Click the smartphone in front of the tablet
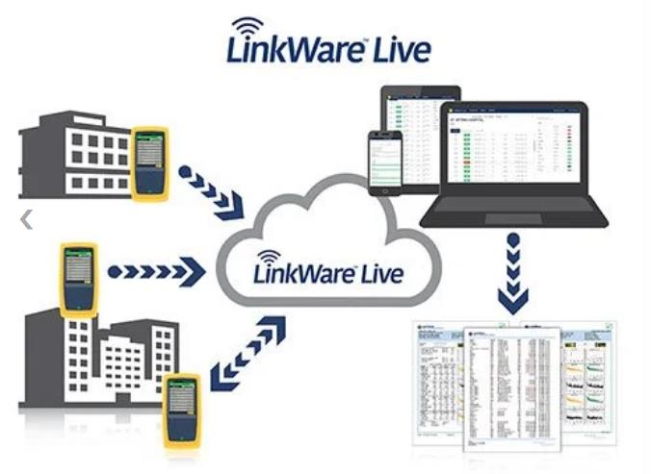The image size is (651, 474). tap(385, 161)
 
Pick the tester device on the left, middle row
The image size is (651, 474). tap(79, 278)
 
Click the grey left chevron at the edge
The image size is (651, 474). tap(26, 220)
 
